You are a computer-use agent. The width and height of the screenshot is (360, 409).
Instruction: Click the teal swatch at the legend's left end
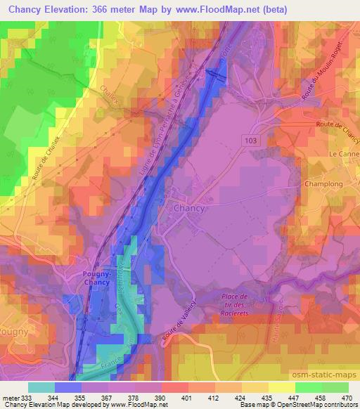coord(41,387)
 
